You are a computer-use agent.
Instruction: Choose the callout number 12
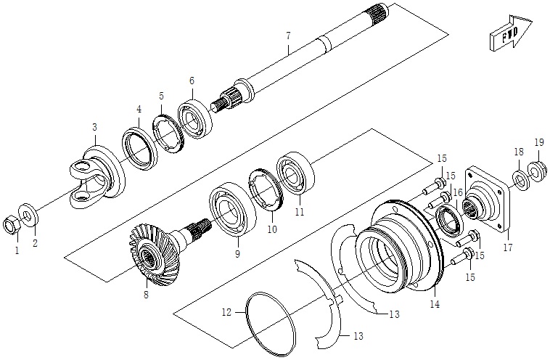tap(226, 312)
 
